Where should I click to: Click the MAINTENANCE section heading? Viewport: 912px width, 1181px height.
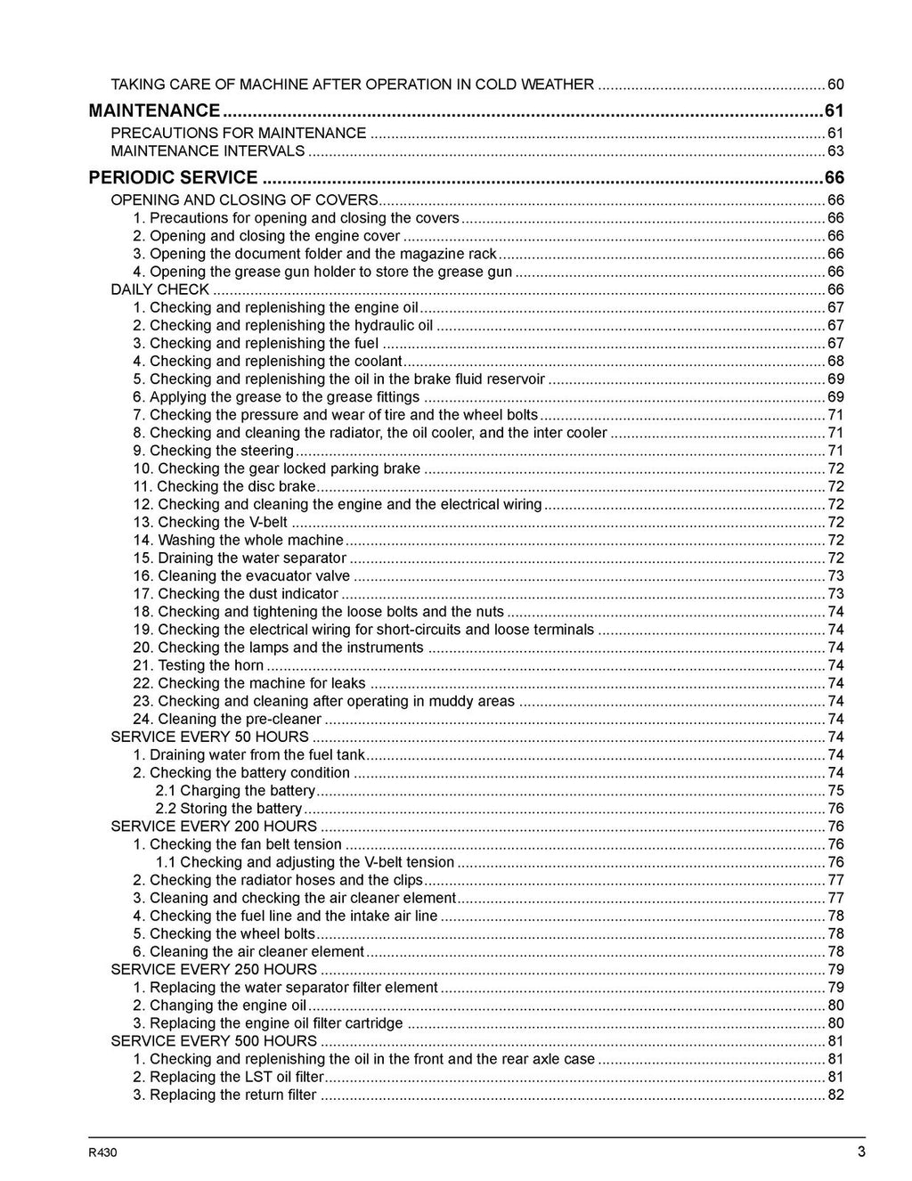pos(154,110)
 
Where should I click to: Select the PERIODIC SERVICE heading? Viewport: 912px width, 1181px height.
pos(174,177)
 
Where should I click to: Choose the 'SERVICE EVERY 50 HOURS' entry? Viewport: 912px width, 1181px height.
pos(209,737)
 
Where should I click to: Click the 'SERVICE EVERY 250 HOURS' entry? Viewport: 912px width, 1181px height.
pos(214,969)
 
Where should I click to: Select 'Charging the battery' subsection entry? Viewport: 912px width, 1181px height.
pos(235,790)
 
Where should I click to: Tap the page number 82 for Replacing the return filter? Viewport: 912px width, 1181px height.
pos(835,1095)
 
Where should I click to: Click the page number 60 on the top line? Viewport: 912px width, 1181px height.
pos(835,85)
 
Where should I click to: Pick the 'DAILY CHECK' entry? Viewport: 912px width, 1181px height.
pos(159,289)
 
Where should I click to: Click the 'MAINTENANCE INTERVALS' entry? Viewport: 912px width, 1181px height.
pos(208,151)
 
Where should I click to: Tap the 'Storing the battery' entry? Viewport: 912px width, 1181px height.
pos(229,808)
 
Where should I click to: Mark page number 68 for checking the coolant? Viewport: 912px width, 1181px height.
pos(835,361)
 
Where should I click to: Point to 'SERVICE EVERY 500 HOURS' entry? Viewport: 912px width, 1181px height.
pos(214,1040)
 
